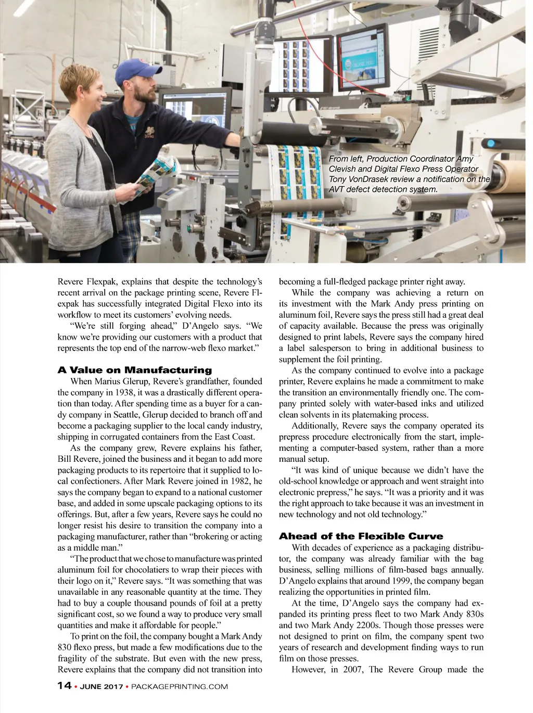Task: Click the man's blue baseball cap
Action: pos(134,69)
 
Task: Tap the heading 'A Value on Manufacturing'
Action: pos(134,370)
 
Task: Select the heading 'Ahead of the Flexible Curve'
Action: pos(361,536)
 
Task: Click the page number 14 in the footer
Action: pos(64,685)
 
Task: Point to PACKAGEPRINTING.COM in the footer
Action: pos(180,686)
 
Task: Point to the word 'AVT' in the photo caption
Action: pos(338,189)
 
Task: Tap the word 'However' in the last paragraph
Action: pos(309,669)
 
